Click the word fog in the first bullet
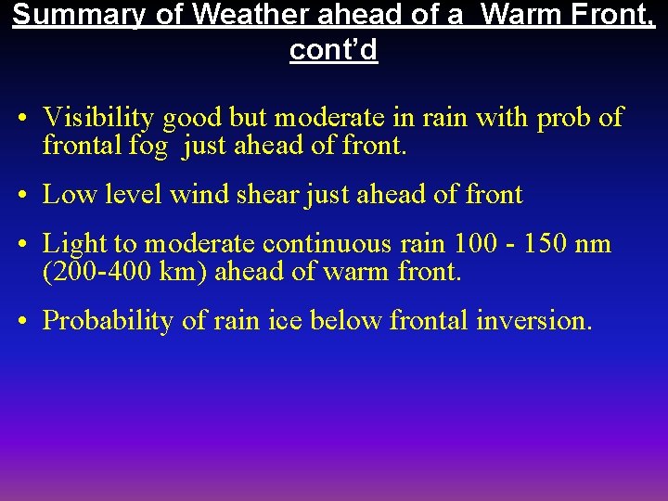[x=150, y=145]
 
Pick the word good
[x=191, y=118]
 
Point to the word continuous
[x=325, y=245]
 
